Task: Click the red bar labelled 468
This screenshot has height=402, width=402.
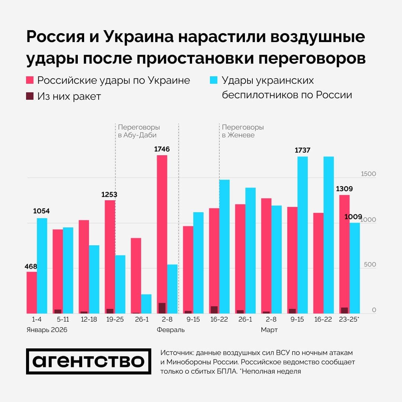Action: coord(32,293)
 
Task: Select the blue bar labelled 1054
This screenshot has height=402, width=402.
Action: coord(42,266)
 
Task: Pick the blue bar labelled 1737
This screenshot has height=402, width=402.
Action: coord(303,235)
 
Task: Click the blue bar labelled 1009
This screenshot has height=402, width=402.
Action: coord(355,268)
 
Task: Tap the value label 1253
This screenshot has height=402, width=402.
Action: coord(109,194)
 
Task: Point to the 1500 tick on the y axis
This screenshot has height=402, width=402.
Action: coord(368,174)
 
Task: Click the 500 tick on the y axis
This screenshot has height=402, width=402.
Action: coord(370,265)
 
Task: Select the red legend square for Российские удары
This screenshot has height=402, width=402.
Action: coord(30,80)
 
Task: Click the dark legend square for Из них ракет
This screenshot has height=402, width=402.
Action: coord(30,96)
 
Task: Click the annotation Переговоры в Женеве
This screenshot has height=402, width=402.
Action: coord(243,131)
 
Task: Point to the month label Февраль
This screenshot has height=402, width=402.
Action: coord(170,330)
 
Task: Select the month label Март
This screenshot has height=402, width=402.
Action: coord(269,330)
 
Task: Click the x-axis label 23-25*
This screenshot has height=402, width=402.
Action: coord(349,319)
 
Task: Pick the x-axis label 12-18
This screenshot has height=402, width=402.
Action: coord(89,319)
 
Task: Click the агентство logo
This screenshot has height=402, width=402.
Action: coord(89,361)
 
